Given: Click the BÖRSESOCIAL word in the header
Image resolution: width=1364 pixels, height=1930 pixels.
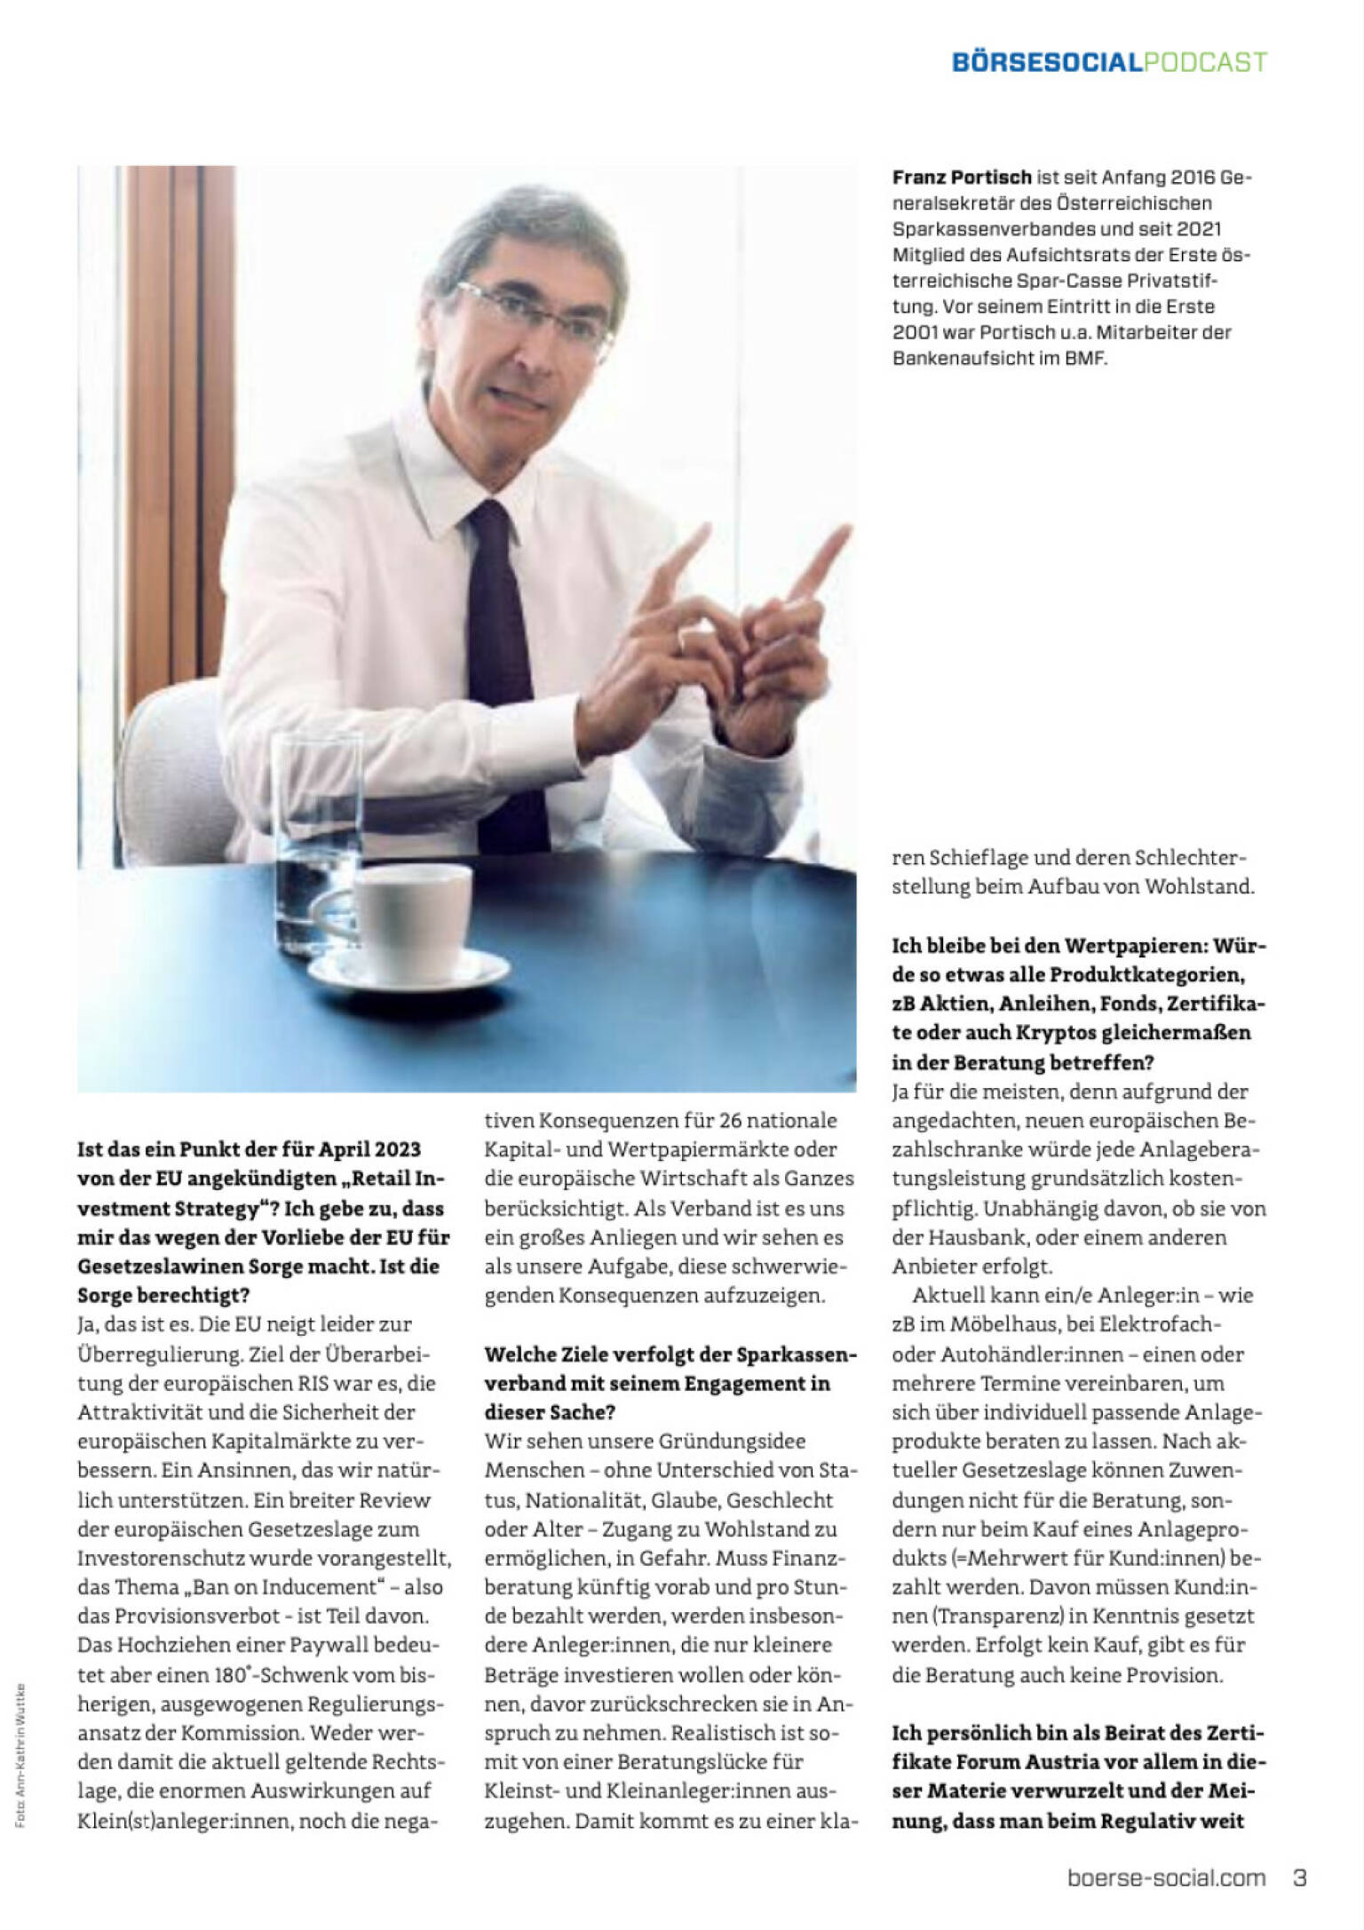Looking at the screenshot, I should tap(1045, 62).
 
